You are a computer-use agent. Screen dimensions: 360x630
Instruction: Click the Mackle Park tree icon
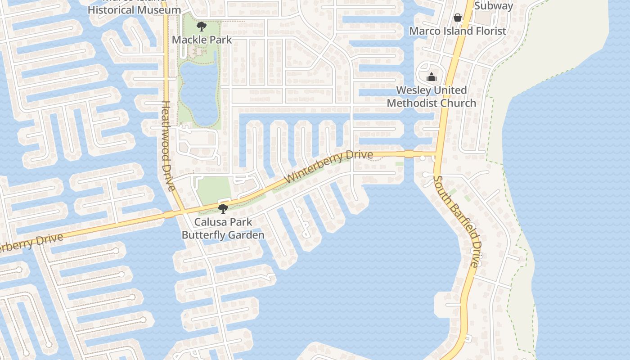click(202, 27)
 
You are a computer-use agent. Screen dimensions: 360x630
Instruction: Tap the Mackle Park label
click(202, 40)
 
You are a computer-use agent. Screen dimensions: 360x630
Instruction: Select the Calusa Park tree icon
click(222, 208)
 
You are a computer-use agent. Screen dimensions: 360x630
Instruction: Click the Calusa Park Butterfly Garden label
click(223, 229)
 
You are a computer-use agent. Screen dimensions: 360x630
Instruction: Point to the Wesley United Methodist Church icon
click(432, 77)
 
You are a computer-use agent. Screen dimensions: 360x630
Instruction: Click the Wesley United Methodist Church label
click(431, 97)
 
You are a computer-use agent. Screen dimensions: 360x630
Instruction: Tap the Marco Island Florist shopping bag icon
click(458, 18)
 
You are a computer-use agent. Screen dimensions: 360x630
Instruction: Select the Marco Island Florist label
click(457, 31)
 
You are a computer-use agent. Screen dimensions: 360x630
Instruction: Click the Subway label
click(493, 6)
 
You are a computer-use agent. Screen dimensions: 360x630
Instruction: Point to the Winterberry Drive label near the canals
click(329, 166)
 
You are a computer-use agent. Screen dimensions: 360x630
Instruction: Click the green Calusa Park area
click(214, 189)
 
